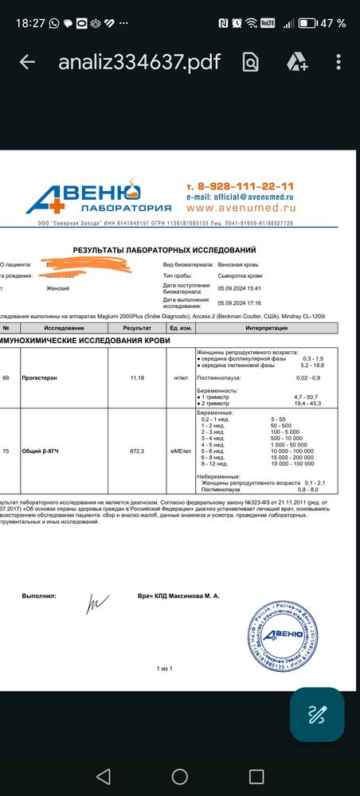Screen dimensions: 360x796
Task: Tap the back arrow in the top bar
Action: (x=27, y=62)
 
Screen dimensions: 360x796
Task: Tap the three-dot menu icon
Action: (x=339, y=62)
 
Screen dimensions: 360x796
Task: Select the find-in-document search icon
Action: (x=251, y=62)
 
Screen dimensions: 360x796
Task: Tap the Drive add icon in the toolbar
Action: (x=297, y=62)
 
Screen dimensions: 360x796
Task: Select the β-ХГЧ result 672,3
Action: (x=137, y=451)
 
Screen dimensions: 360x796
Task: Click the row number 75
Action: (x=6, y=451)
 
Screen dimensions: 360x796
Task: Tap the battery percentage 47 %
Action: (x=334, y=24)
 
